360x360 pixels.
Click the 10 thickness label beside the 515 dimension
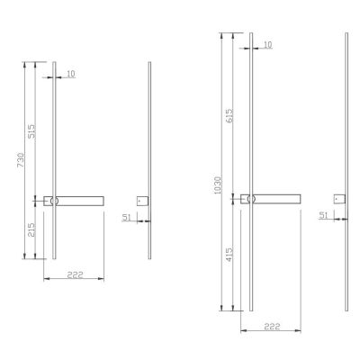pyautogui.click(x=71, y=75)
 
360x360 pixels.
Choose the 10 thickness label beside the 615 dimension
pyautogui.click(x=267, y=44)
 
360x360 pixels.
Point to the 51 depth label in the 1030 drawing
pyautogui.click(x=322, y=214)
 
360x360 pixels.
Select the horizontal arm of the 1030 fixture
pyautogui.click(x=277, y=199)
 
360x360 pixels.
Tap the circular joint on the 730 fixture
pyautogui.click(x=54, y=201)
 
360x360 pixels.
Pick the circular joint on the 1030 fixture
pyautogui.click(x=250, y=199)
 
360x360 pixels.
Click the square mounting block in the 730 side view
pyautogui.click(x=140, y=201)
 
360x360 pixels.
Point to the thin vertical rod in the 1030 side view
pyautogui.click(x=346, y=108)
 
